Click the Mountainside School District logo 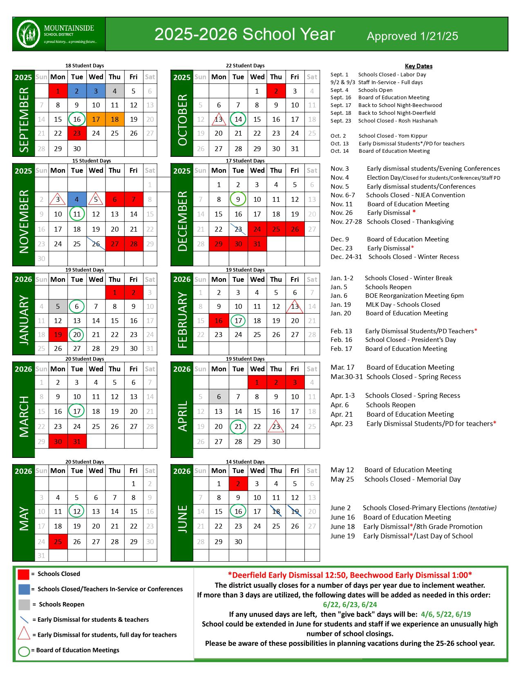click(29, 34)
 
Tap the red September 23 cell click(77, 133)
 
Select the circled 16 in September click(77, 119)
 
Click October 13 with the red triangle click(219, 119)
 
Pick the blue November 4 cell click(77, 199)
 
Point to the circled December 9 click(238, 199)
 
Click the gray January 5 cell click(58, 306)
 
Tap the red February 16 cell click(219, 321)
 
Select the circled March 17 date click(77, 411)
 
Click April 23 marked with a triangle click(276, 426)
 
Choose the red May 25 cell click(58, 542)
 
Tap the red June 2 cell click(238, 484)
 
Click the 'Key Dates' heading click(418, 66)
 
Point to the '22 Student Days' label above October click(245, 66)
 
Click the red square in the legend click(24, 574)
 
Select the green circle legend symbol click(24, 651)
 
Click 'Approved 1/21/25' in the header click(412, 36)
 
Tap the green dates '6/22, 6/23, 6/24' click(350, 605)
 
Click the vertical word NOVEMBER click(24, 221)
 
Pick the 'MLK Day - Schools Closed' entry click(402, 304)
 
